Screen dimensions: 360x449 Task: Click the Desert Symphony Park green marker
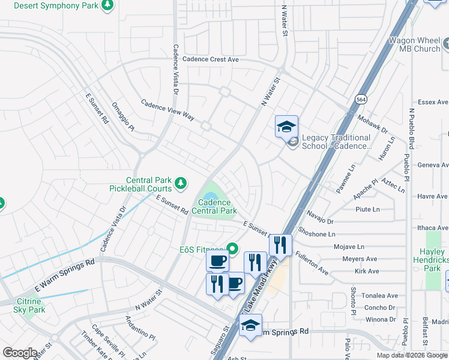pos(107,6)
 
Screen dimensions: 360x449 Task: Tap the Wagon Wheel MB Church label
pos(414,44)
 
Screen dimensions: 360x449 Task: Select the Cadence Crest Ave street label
pos(211,59)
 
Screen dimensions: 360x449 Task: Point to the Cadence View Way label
pos(167,110)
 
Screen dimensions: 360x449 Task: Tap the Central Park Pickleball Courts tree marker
pos(179,182)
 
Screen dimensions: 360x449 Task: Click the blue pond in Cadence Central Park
pos(210,196)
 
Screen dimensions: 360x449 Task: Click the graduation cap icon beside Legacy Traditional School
pos(286,127)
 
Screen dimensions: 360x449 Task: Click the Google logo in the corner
pos(20,353)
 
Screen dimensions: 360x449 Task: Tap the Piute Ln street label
pos(367,209)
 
